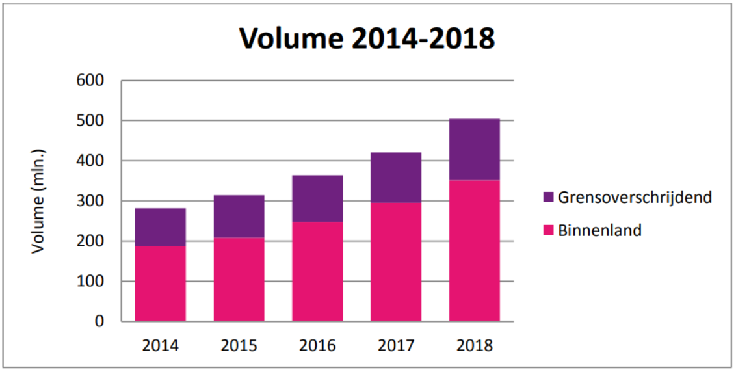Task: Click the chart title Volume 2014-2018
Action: [367, 38]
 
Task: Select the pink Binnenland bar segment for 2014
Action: [161, 284]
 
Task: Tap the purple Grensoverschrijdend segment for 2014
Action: [161, 227]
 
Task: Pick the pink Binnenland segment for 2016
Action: [317, 271]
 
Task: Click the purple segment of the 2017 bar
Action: [396, 177]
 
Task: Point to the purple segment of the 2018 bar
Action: [475, 149]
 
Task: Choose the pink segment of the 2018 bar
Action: [475, 250]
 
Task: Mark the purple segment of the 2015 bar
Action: [239, 216]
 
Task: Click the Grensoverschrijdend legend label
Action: [635, 197]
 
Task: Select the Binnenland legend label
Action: [599, 230]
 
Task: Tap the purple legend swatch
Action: [547, 197]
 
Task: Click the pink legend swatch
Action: [547, 230]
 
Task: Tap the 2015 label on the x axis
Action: [239, 345]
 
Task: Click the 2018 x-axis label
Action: [475, 345]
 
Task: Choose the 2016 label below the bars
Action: [317, 345]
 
